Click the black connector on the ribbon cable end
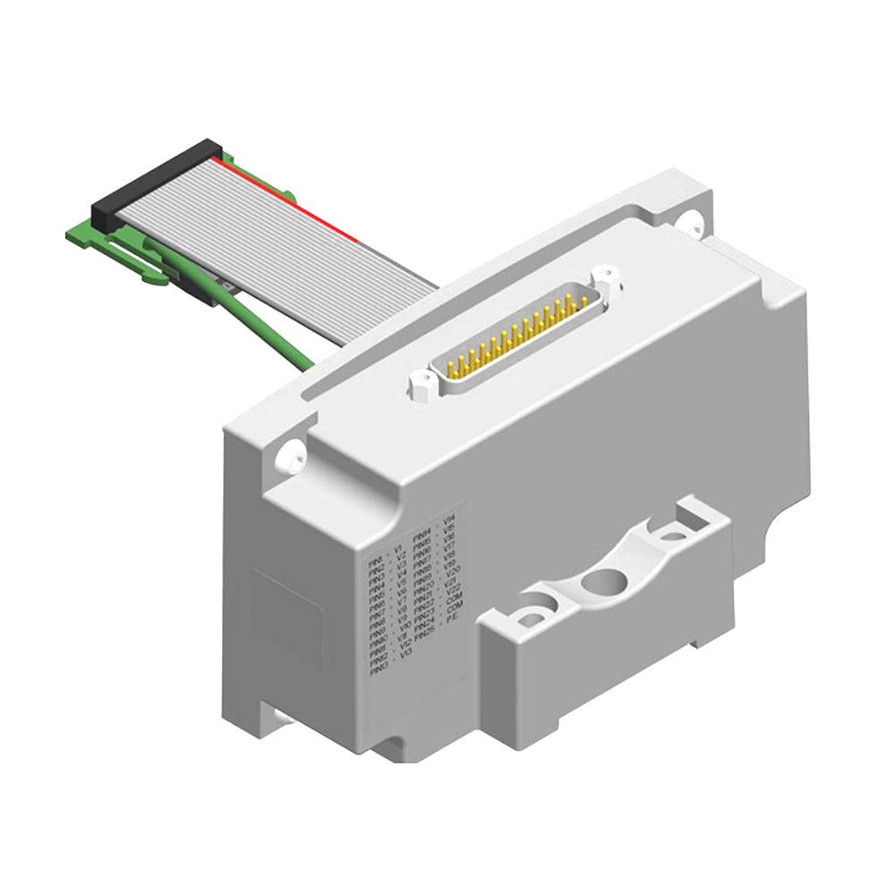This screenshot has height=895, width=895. click(x=157, y=179)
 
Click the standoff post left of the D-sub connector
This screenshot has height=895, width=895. click(x=421, y=386)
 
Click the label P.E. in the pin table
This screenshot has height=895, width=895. click(x=453, y=616)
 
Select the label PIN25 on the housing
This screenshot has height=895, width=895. click(x=425, y=633)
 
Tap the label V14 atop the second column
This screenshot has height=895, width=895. click(x=449, y=519)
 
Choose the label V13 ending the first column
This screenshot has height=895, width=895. click(x=405, y=653)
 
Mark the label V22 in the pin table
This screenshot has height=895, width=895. click(x=453, y=587)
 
